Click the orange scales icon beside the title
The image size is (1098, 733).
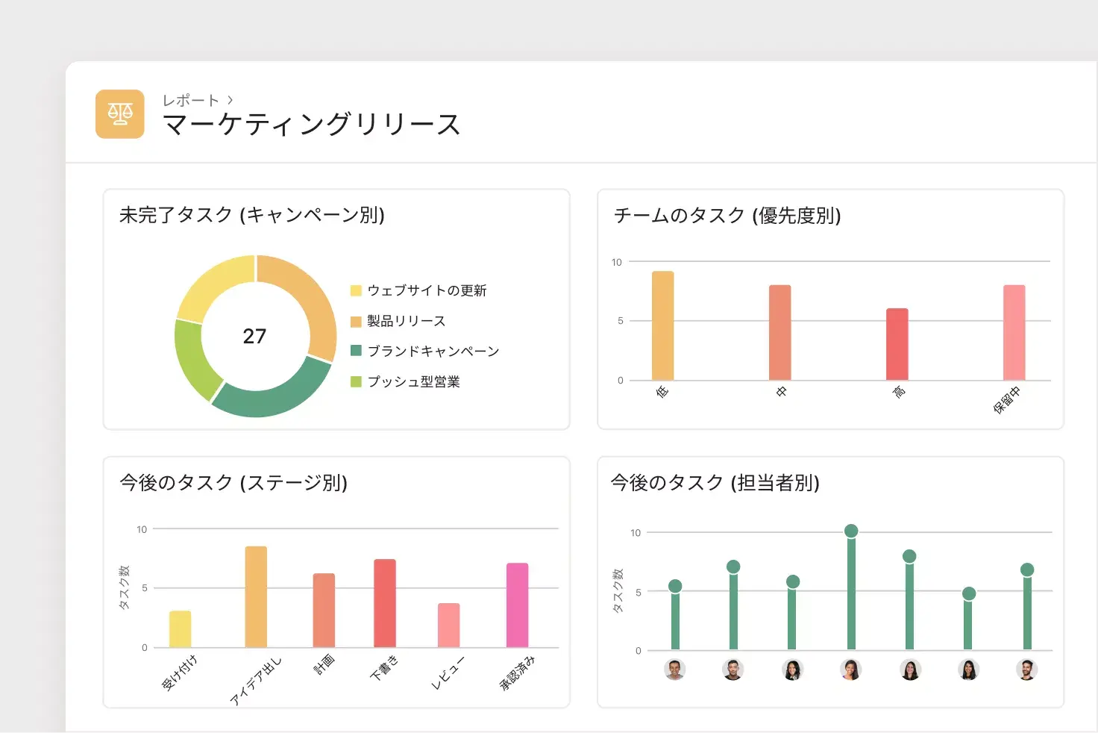(x=119, y=114)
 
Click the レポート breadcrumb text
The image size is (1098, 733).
(x=191, y=100)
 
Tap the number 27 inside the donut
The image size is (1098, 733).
(x=254, y=337)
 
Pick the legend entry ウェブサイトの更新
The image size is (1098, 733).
(x=426, y=290)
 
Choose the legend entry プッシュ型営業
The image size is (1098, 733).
(x=413, y=381)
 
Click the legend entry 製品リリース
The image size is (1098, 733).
(x=406, y=321)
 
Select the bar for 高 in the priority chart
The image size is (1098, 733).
(x=897, y=344)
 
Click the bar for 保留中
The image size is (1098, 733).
(x=1014, y=332)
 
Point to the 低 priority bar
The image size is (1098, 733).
(x=662, y=325)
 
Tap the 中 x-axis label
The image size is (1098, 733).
(x=781, y=391)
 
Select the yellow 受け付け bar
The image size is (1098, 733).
(x=180, y=628)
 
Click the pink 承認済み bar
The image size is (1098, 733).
(x=517, y=605)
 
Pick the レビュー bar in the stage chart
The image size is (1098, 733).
(x=448, y=625)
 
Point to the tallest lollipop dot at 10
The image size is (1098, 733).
(x=851, y=531)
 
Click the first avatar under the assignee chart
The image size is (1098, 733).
(x=674, y=670)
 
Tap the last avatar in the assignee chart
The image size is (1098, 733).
(x=1026, y=670)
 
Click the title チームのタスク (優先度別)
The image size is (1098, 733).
(x=727, y=216)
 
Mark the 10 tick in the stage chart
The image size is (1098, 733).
(x=142, y=529)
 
